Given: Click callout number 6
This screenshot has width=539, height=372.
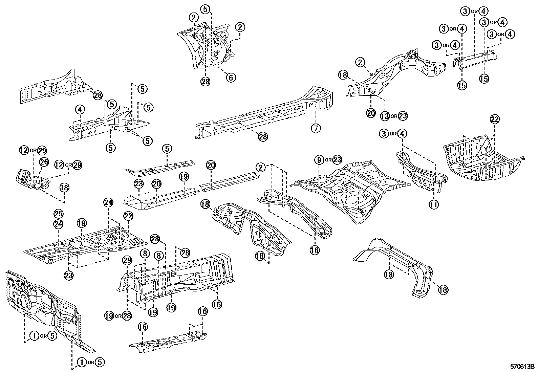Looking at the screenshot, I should [231, 78].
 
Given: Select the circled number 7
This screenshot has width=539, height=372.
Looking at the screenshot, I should [316, 128].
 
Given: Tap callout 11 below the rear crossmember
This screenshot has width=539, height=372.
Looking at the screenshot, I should [434, 204].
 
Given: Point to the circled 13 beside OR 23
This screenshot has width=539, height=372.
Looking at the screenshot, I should [385, 116].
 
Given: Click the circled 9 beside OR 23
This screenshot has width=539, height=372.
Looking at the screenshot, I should [319, 160].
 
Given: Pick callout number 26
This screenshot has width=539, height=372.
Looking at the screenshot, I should [44, 162].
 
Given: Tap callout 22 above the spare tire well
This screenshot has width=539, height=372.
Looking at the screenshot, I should [495, 119].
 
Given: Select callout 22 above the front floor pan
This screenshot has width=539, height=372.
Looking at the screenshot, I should [128, 216].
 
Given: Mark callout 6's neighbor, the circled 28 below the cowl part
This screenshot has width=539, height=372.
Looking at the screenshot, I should [205, 81].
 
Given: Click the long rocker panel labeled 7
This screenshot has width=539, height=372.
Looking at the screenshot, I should [264, 112].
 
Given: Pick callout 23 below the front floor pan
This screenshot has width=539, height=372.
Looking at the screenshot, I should [69, 276].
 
